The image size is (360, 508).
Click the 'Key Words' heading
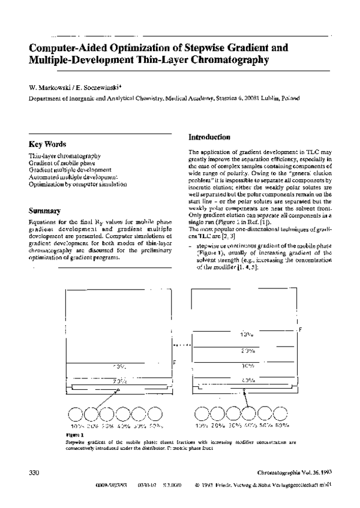pos(47,145)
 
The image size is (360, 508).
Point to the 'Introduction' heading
pos(209,137)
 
